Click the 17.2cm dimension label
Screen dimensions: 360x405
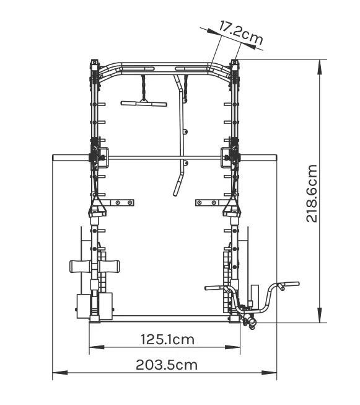tap(241, 33)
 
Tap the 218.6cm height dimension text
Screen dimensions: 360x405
tap(312, 194)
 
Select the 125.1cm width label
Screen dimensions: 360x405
tap(167, 339)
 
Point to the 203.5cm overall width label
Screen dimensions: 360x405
tap(167, 365)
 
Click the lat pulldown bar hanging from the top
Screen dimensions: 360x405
tap(144, 104)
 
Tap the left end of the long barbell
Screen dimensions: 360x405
tap(53, 158)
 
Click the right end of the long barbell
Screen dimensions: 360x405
tap(276, 158)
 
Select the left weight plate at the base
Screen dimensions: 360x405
tap(83, 306)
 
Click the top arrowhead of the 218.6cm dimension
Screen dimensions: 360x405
tap(320, 67)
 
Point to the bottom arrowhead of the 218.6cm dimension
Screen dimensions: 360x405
tap(320, 315)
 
